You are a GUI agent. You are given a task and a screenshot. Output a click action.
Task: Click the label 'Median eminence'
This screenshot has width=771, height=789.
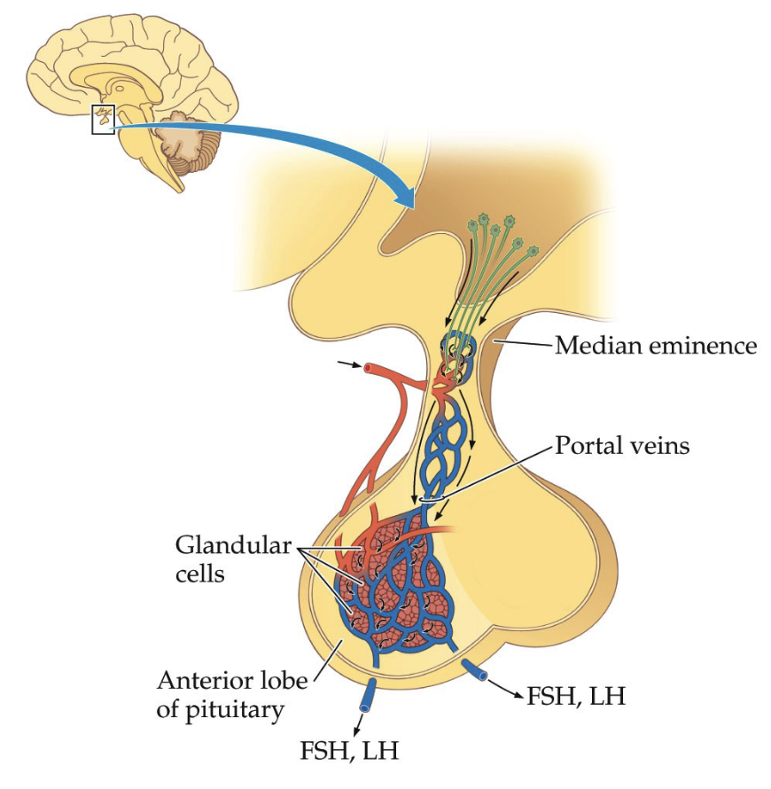(656, 345)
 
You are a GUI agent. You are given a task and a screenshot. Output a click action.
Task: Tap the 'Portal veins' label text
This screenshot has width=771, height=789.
(621, 445)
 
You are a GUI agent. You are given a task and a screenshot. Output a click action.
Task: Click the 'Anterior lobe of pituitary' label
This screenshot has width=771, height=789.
(231, 694)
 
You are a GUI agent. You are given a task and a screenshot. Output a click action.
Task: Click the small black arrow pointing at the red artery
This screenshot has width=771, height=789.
(350, 363)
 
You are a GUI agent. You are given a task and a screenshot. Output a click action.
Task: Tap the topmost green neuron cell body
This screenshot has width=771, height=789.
(484, 219)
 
